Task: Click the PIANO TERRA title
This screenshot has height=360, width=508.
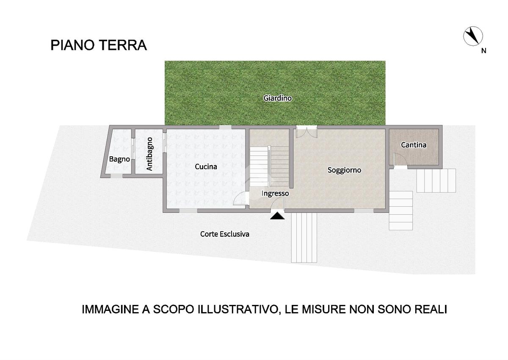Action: tap(99, 45)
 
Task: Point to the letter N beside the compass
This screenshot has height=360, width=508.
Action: tap(484, 51)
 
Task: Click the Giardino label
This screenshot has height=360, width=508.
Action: tap(277, 98)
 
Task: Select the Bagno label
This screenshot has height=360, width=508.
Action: tap(119, 159)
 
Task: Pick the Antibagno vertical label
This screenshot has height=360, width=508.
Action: tap(149, 154)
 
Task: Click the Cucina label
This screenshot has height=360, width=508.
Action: tap(206, 167)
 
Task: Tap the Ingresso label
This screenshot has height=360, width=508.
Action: tap(275, 193)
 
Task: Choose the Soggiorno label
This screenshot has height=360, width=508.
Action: tap(344, 170)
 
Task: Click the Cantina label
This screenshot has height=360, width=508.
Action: tap(414, 145)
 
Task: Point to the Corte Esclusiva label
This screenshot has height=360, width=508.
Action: tap(224, 234)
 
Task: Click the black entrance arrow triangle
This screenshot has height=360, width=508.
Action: tap(277, 216)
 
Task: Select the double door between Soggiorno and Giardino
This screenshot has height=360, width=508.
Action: tap(306, 132)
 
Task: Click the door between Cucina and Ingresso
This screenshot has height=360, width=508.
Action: tap(241, 198)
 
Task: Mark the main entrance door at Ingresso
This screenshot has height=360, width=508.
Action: tap(278, 203)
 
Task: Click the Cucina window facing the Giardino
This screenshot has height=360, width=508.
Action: tap(225, 127)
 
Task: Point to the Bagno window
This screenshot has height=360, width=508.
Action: tap(116, 176)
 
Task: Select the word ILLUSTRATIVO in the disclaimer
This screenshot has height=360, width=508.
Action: tap(238, 310)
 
